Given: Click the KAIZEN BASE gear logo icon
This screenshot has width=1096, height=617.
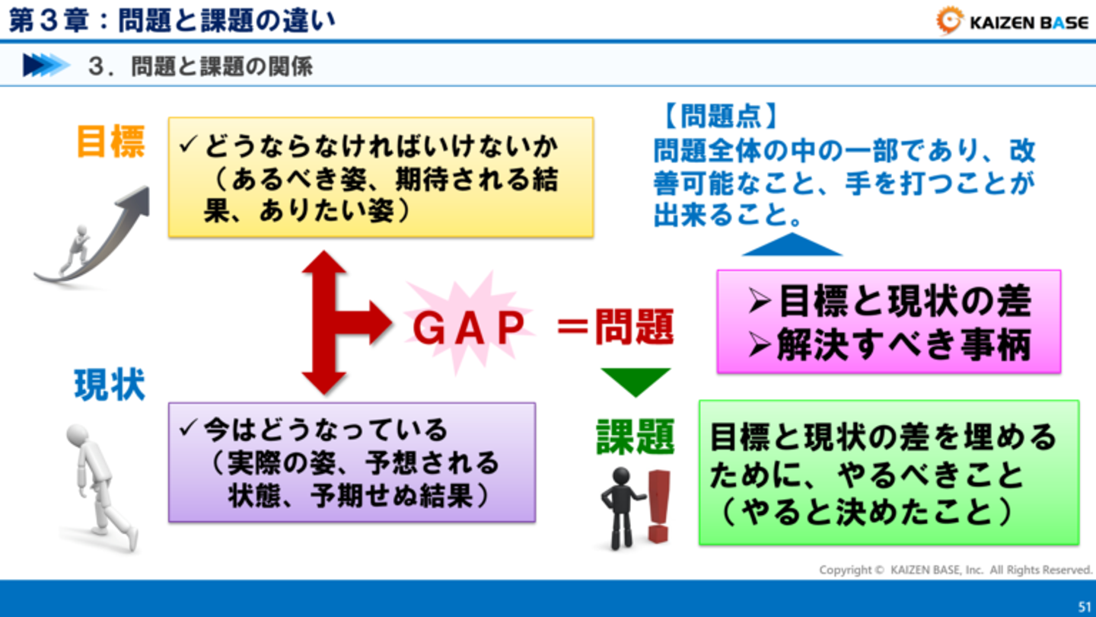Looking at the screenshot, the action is (949, 21).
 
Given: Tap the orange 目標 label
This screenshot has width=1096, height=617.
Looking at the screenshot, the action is (111, 142).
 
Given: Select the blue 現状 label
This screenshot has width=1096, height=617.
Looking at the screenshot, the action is (110, 385).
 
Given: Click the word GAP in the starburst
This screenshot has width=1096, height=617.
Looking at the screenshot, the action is (469, 328).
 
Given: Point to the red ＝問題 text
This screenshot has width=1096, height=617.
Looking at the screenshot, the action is (616, 327).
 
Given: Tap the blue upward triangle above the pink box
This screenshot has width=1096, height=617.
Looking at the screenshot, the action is (792, 244).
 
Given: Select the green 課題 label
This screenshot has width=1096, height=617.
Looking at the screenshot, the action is (635, 436).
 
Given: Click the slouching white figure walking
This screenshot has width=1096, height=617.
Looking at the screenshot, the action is (100, 488).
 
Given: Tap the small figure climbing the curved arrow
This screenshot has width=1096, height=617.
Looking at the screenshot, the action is (76, 250).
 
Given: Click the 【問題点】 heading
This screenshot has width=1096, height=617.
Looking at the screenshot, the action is (720, 116).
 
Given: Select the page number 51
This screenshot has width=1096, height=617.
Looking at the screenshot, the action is (1085, 606).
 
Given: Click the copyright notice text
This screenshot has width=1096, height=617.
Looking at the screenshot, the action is (956, 570).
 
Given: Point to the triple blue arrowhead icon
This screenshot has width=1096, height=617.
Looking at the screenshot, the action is (46, 66).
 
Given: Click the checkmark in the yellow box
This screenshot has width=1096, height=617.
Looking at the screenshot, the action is (189, 145).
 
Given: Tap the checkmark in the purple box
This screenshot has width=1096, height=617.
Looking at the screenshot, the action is (189, 427).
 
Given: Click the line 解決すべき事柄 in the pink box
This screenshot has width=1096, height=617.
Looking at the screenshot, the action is (890, 345).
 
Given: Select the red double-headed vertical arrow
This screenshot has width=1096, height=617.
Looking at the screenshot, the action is (324, 323).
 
